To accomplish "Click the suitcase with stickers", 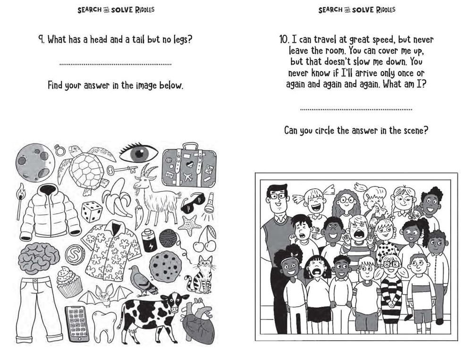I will click(189, 167).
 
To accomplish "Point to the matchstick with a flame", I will click(20, 201).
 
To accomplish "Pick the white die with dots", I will click(93, 212).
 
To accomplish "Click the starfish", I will click(189, 225).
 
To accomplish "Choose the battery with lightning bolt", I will click(150, 240).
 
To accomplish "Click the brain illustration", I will click(39, 258).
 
